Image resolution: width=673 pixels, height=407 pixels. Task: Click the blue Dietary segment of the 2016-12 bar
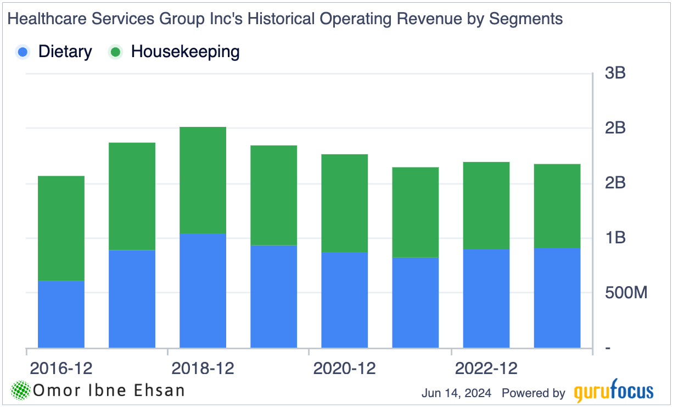(x=61, y=314)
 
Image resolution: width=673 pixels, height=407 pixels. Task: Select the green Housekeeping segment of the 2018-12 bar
(x=203, y=180)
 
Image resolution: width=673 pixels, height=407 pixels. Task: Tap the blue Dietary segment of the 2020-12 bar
(x=344, y=300)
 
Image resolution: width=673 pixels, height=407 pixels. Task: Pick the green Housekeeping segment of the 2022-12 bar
(x=486, y=205)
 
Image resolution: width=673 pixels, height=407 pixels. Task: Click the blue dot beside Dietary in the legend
(x=23, y=52)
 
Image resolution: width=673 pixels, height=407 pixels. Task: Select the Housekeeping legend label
(x=185, y=52)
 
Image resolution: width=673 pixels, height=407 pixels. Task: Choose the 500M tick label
(x=626, y=293)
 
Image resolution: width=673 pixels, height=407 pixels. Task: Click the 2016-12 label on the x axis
(x=61, y=367)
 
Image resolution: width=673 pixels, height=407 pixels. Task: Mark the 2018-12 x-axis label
(x=203, y=367)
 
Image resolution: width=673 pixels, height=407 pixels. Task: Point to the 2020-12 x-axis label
(x=344, y=367)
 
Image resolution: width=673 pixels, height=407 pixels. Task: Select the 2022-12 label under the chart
(x=486, y=367)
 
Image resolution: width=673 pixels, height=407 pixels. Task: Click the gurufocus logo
(x=614, y=392)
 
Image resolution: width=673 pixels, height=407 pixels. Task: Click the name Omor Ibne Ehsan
(x=109, y=391)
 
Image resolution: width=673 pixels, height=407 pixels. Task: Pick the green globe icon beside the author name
(x=21, y=391)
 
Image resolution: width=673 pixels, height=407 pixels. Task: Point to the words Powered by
(x=533, y=393)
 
